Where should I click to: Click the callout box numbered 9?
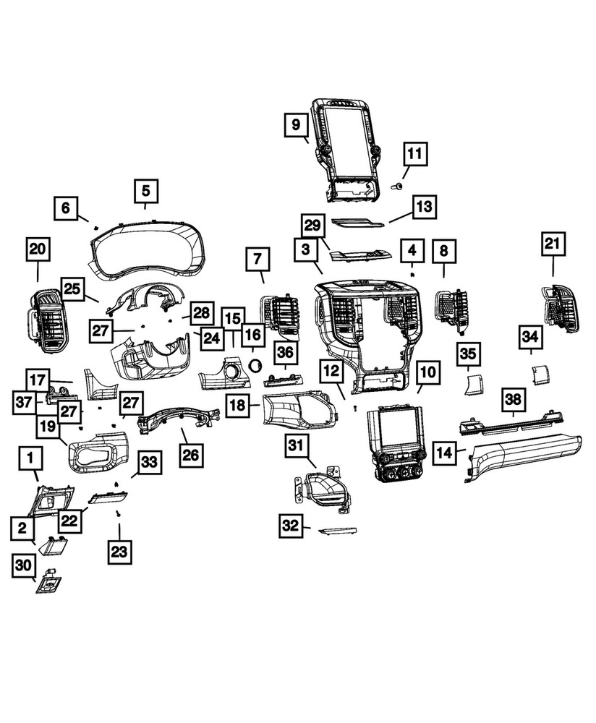tap(296, 125)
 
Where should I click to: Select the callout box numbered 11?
tap(414, 154)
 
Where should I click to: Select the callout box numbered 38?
tap(513, 398)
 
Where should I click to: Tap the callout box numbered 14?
tap(445, 454)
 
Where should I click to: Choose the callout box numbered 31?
tap(295, 447)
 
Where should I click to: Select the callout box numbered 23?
tap(119, 552)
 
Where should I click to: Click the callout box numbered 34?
tap(530, 336)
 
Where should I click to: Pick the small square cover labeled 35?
tap(472, 382)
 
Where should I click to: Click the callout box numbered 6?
tap(66, 209)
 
